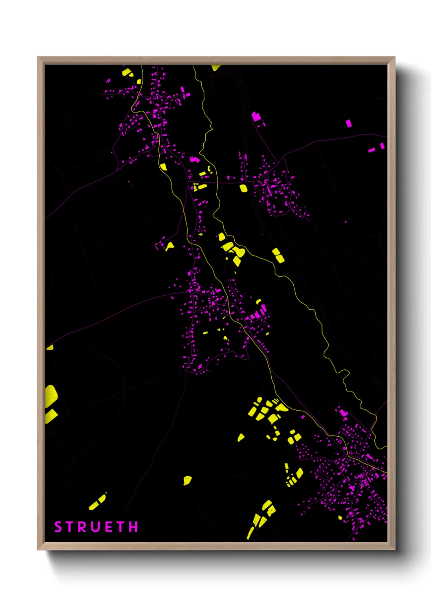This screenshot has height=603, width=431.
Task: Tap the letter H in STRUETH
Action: (134, 527)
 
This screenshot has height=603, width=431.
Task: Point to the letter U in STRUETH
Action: (96, 527)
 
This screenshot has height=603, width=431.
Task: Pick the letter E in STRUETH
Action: (109, 527)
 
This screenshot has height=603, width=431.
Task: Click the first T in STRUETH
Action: (70, 527)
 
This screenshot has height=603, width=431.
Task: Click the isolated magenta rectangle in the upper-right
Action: (349, 123)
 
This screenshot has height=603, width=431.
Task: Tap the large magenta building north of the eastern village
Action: (256, 117)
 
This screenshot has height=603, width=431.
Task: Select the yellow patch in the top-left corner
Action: (127, 73)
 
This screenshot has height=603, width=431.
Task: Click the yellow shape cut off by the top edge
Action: (215, 67)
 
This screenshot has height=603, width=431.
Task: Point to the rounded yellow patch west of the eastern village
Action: (244, 188)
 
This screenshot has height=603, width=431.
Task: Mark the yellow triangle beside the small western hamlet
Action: (169, 246)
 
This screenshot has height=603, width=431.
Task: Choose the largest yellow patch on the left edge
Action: (51, 395)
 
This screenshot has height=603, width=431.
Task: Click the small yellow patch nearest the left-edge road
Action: (50, 348)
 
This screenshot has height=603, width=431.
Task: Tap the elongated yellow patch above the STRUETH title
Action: (98, 502)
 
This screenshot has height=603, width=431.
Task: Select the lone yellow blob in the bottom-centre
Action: (187, 480)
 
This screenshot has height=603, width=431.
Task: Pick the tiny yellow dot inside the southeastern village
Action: (340, 517)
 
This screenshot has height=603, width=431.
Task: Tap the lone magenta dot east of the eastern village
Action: (346, 222)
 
